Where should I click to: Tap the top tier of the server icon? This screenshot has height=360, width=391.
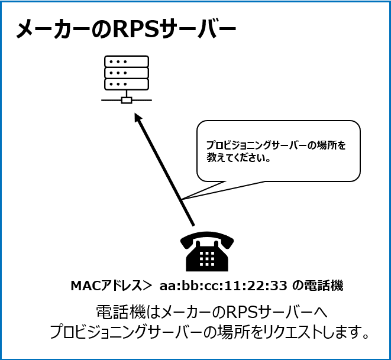(x=127, y=61)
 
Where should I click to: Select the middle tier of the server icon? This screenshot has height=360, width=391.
(x=127, y=73)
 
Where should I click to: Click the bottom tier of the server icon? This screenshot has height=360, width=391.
(x=127, y=84)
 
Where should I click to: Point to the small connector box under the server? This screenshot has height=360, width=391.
(x=127, y=100)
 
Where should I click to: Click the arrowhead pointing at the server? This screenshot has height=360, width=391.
(x=138, y=118)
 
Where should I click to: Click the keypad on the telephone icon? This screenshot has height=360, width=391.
(x=207, y=258)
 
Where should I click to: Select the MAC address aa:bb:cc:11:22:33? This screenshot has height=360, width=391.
(x=224, y=286)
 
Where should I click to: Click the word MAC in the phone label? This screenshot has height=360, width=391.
(x=83, y=286)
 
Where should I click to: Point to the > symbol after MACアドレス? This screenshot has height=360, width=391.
(x=147, y=286)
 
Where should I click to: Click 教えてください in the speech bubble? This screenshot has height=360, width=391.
(x=236, y=158)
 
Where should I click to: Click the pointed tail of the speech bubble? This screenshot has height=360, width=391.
(x=183, y=199)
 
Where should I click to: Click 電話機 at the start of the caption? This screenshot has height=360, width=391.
(x=121, y=312)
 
